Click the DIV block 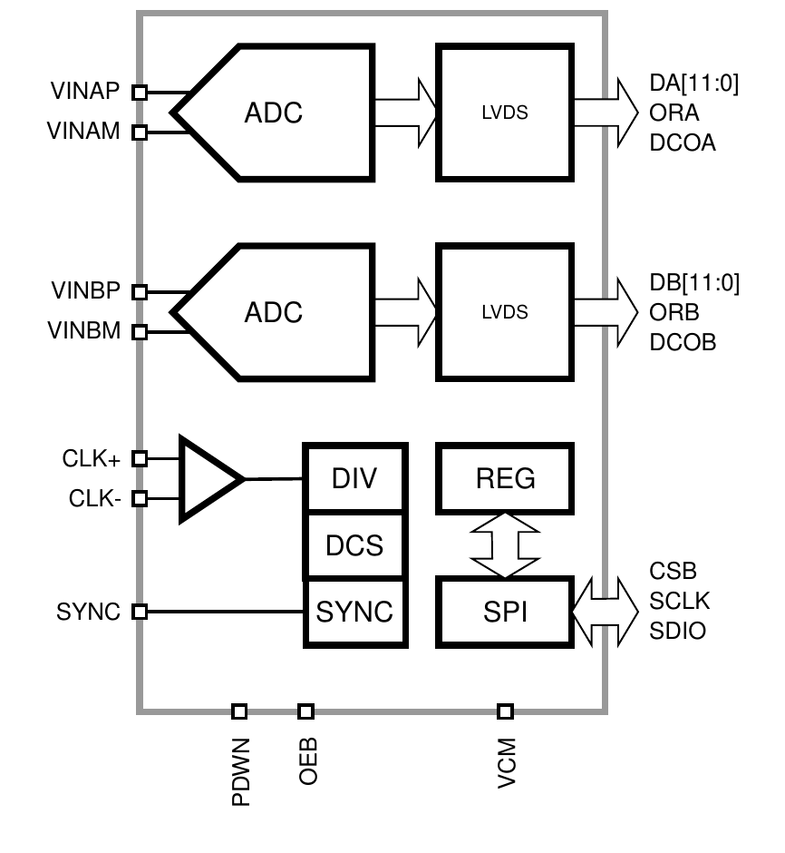355,477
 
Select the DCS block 355,545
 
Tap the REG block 505,478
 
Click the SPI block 505,612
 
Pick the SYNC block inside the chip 355,612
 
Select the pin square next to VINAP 140,93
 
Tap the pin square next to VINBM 140,332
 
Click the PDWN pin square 239,711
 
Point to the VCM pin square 505,711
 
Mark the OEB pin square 305,711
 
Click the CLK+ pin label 92,458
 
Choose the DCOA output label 683,142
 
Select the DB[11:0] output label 694,282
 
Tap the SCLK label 680,601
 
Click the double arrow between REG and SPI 505,545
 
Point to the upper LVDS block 505,112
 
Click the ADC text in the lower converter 273,312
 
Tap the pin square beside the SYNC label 140,612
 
